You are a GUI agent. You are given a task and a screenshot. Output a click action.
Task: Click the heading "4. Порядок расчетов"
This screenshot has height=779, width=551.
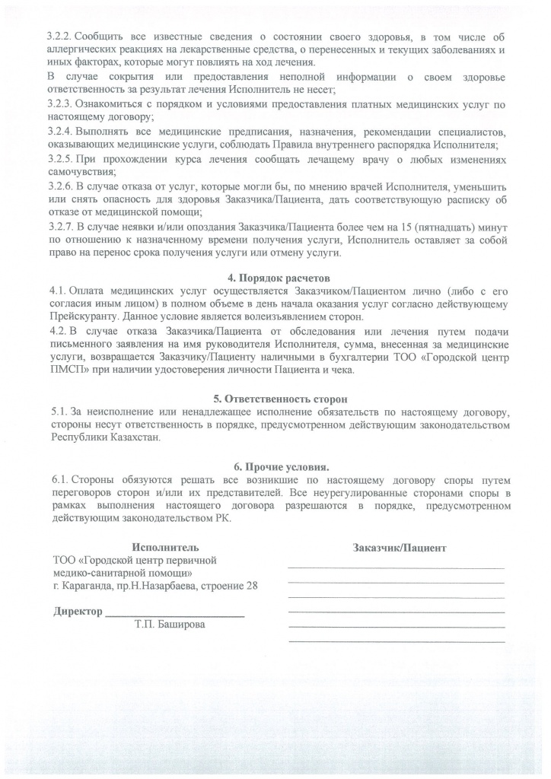coord(275,278)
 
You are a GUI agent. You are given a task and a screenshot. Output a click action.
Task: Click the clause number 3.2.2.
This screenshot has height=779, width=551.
coord(60,37)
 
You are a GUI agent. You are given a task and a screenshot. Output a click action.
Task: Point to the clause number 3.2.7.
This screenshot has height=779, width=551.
coord(60,227)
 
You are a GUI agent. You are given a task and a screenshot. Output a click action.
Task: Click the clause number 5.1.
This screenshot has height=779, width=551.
coord(56,412)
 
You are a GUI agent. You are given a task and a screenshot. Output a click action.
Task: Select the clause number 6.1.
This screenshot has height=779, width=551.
coord(56,480)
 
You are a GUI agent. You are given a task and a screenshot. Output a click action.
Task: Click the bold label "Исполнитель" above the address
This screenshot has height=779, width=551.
coord(165,547)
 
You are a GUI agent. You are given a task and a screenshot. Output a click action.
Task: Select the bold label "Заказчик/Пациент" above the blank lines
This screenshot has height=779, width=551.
coord(400,547)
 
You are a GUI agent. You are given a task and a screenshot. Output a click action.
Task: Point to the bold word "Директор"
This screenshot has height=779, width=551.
coord(77,612)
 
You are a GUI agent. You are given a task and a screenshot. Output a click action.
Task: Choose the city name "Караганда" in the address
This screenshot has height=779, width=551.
coord(86,586)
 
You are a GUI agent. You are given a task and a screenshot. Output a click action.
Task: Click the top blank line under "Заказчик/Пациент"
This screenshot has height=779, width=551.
coord(396,568)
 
